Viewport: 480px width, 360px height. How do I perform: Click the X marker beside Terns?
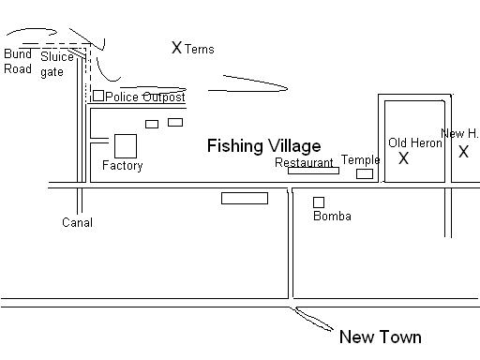[176, 48]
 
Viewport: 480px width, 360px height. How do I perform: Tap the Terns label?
[200, 49]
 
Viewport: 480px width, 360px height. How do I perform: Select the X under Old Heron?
[403, 158]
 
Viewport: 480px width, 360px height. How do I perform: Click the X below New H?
[463, 152]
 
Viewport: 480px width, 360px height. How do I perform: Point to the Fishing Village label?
[264, 146]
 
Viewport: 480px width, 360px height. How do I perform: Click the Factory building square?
[126, 146]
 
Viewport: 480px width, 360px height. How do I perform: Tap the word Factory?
[123, 165]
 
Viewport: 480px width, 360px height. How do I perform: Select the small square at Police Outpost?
[98, 96]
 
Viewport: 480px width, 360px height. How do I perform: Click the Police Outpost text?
[145, 97]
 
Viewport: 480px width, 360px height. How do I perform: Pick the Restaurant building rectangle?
[313, 171]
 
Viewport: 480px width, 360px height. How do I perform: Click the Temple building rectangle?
[365, 173]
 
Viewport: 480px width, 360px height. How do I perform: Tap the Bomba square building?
[319, 202]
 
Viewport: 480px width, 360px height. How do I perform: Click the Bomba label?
[332, 216]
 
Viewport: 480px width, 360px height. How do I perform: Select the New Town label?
[381, 337]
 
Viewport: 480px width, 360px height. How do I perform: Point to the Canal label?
[77, 222]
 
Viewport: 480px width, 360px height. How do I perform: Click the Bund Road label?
[18, 61]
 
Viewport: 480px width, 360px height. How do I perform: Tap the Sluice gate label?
[57, 65]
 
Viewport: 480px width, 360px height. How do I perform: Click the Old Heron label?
[415, 142]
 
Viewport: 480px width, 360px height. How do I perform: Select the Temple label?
[361, 159]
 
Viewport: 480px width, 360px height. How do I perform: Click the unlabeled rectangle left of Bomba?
[245, 199]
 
